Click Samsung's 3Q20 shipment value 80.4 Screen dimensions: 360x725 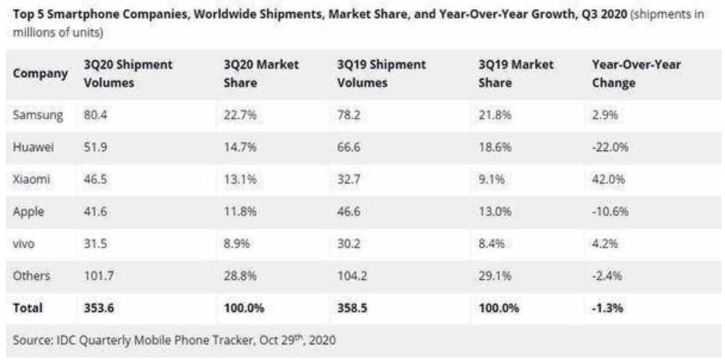coord(92,115)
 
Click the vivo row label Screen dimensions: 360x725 coord(24,244)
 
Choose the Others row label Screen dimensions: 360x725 coord(30,277)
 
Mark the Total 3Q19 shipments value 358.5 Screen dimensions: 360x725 coord(352,309)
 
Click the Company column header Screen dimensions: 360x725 coord(39,74)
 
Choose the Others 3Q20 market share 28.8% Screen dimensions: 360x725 coord(239,277)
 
